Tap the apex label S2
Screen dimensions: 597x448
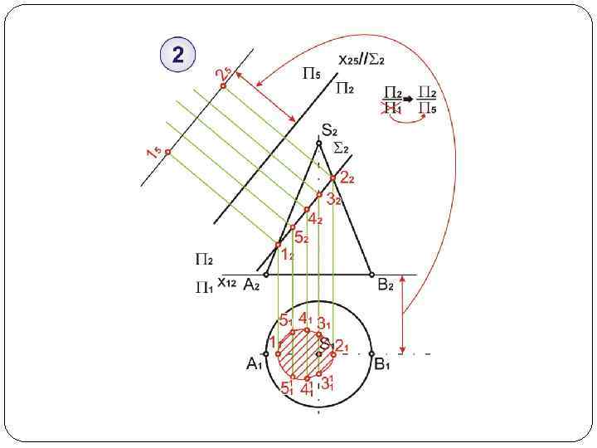[x=329, y=129]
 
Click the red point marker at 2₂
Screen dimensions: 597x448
[x=332, y=178]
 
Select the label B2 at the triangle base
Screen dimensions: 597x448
[x=386, y=285]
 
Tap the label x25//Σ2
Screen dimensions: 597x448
[x=362, y=60]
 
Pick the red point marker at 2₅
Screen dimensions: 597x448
[x=223, y=85]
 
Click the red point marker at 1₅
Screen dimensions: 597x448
[x=167, y=152]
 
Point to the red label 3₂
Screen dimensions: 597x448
[x=333, y=199]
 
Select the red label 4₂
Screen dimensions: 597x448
[x=315, y=219]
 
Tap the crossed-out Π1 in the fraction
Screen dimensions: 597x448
[x=392, y=107]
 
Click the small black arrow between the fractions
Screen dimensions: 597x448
[x=409, y=93]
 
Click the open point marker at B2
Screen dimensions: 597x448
[x=371, y=274]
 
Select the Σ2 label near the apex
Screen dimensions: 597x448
[x=340, y=148]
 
